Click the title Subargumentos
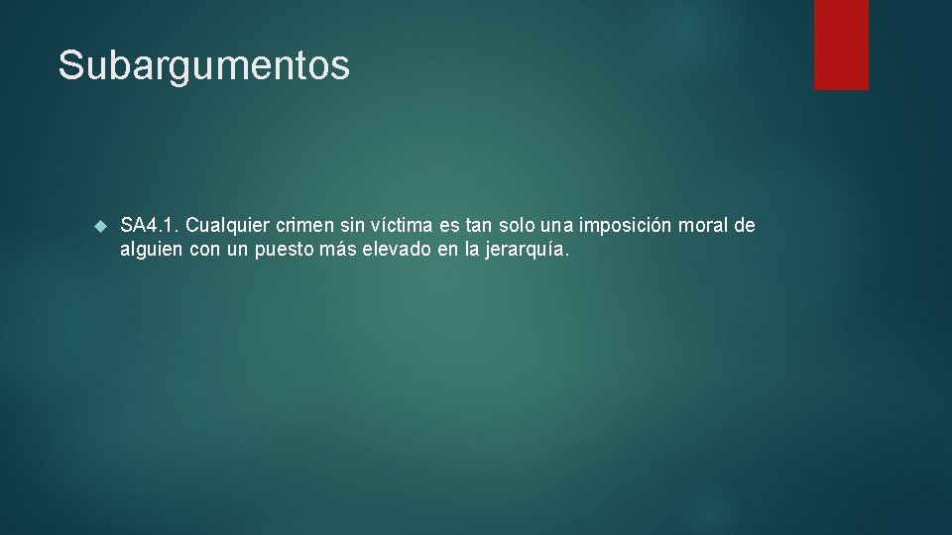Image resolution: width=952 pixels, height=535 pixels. point(203,65)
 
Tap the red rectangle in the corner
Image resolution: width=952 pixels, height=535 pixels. point(841,45)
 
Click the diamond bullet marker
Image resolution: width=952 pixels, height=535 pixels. point(99,227)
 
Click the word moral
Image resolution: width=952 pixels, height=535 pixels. point(705,226)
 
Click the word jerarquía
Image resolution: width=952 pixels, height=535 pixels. point(528,251)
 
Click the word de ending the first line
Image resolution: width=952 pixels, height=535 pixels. point(745,226)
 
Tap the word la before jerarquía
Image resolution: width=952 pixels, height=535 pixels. point(473,251)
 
